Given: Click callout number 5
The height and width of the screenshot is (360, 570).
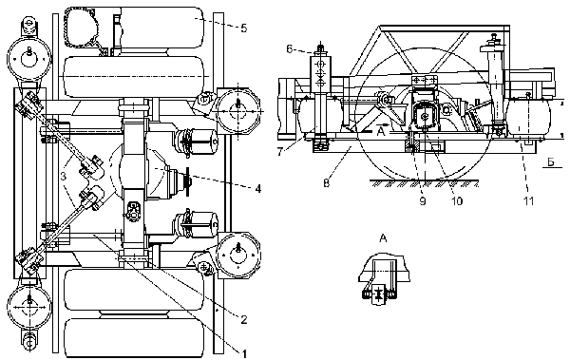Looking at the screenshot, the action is pyautogui.click(x=243, y=28).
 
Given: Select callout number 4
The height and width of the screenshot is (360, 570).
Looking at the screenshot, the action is pyautogui.click(x=258, y=188).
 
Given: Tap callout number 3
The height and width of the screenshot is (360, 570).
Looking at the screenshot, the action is pyautogui.click(x=63, y=177).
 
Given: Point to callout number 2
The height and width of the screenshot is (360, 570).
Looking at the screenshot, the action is pyautogui.click(x=244, y=319).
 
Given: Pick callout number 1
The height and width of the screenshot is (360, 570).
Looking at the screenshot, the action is pyautogui.click(x=244, y=353).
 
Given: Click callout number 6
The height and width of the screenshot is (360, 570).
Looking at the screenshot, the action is pyautogui.click(x=290, y=48).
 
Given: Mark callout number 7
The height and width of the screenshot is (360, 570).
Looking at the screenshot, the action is pyautogui.click(x=280, y=151).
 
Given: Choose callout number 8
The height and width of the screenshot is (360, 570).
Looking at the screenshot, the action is pyautogui.click(x=327, y=183).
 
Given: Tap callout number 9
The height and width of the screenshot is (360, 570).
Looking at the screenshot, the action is pyautogui.click(x=423, y=200).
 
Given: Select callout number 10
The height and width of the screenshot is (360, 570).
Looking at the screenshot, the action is pyautogui.click(x=457, y=200).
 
